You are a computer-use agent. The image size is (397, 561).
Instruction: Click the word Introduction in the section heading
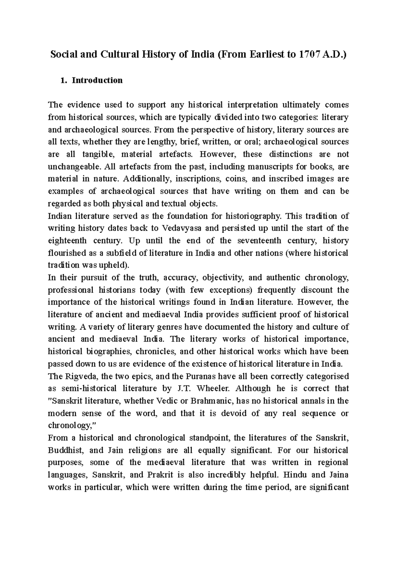(97, 80)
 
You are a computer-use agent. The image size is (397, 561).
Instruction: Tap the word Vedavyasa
(181, 228)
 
